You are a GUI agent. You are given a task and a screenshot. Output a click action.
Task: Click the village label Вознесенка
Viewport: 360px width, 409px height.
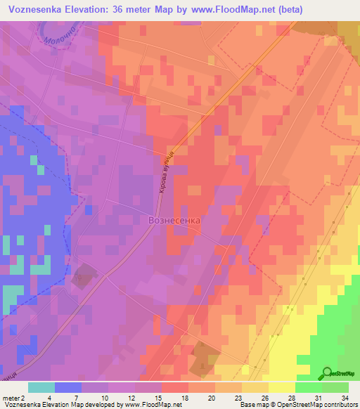tap(175, 220)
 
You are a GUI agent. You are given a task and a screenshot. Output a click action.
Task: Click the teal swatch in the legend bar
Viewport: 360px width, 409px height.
tap(41, 387)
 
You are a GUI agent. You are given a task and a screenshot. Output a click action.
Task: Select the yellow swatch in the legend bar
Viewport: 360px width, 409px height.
tap(281, 387)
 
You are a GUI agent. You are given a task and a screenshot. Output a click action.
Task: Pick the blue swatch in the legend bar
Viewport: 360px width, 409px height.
tap(67, 387)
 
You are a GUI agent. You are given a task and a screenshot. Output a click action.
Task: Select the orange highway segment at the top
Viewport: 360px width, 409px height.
tap(260, 60)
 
